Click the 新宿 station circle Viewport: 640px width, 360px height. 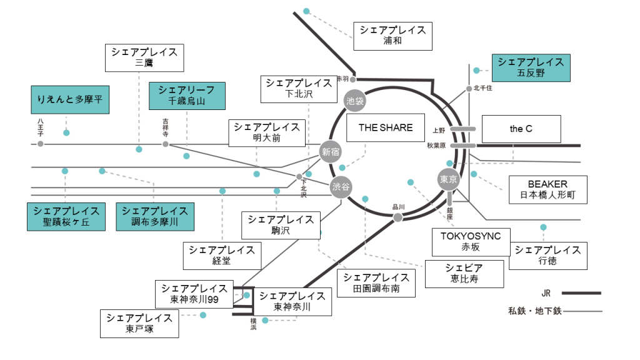[330, 151]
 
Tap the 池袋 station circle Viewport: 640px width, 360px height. [354, 100]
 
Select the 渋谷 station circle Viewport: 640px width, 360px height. [341, 187]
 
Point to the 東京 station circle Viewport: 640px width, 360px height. [449, 179]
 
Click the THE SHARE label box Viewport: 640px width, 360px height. [386, 127]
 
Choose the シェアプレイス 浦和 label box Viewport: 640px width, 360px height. [392, 36]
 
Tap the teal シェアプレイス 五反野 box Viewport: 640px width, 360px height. [531, 67]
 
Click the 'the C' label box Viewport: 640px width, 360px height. [521, 129]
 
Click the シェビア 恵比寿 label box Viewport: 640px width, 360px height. [464, 273]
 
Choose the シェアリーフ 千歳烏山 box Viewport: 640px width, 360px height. [186, 95]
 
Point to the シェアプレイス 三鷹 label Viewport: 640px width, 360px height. [144, 57]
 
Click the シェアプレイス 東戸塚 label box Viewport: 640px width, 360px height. [139, 323]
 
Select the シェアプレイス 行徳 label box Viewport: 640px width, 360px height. [548, 256]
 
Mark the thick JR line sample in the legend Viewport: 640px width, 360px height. [581, 292]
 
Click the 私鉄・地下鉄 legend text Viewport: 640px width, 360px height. [535, 311]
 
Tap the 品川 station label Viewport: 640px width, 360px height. [399, 206]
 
